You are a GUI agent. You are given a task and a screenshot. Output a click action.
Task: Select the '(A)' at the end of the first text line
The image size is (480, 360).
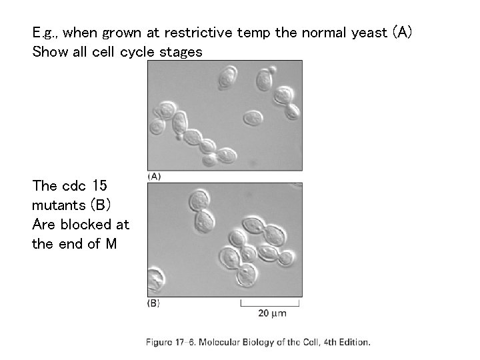(403, 31)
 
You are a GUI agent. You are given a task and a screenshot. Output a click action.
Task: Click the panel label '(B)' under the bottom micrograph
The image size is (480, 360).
(153, 303)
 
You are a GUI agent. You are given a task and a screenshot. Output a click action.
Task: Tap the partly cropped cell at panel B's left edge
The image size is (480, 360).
(155, 280)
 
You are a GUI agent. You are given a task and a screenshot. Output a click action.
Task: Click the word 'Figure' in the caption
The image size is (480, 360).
(160, 342)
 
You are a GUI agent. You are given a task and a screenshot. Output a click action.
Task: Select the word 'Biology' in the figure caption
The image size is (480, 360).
(265, 342)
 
